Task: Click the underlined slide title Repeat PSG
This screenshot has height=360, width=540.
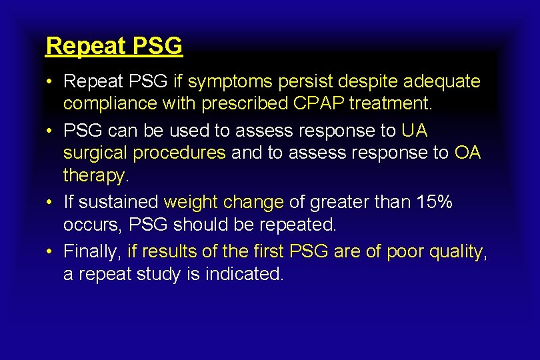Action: tap(114, 46)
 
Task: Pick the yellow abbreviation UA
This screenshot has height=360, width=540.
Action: tap(414, 131)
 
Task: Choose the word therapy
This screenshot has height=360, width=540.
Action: tap(93, 176)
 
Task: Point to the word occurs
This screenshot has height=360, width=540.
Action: tap(90, 225)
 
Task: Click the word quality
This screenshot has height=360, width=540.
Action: tap(457, 251)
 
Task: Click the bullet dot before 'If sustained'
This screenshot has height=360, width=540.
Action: tap(50, 202)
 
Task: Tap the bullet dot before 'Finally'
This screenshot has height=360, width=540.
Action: tap(50, 251)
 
